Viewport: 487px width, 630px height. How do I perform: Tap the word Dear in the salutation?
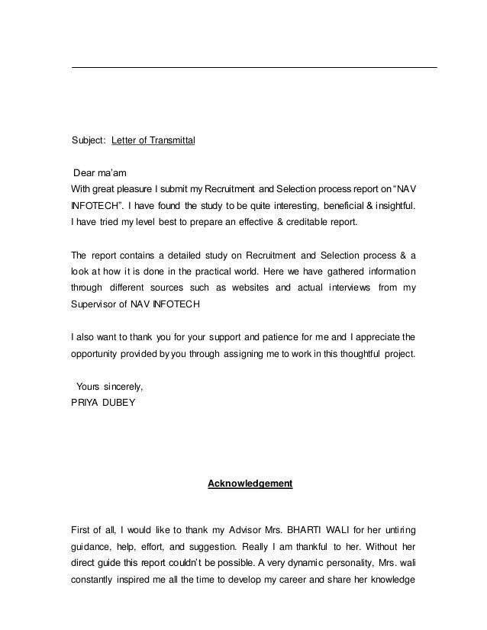coord(85,173)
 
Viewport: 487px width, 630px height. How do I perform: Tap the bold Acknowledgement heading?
coord(250,484)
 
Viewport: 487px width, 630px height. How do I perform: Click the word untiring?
coord(400,530)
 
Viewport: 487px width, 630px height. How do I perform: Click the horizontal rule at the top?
coord(254,68)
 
